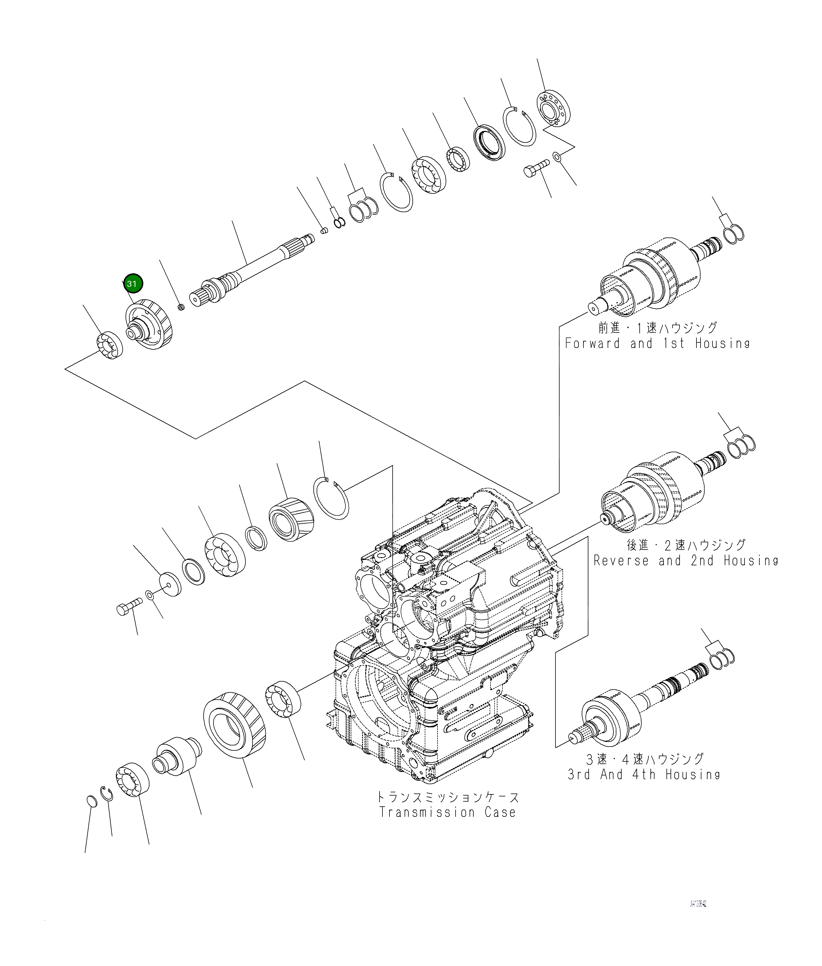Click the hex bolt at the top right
coord(536,169)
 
